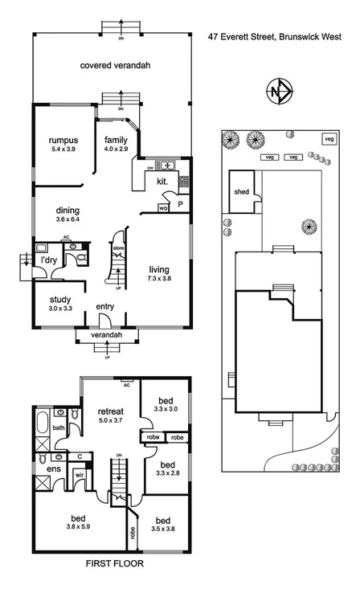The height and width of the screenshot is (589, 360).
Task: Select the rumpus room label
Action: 63,139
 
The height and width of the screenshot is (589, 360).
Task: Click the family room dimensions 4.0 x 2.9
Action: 116,149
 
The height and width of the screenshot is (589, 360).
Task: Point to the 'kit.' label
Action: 162,182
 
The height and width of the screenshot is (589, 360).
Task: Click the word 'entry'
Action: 105,307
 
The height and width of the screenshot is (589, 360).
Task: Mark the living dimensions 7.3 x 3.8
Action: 162,279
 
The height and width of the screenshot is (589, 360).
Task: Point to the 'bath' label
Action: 59,428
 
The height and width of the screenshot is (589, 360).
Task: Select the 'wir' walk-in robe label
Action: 79,475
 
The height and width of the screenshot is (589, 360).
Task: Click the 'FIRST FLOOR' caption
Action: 115,564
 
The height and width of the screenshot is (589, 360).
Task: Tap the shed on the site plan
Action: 241,193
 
